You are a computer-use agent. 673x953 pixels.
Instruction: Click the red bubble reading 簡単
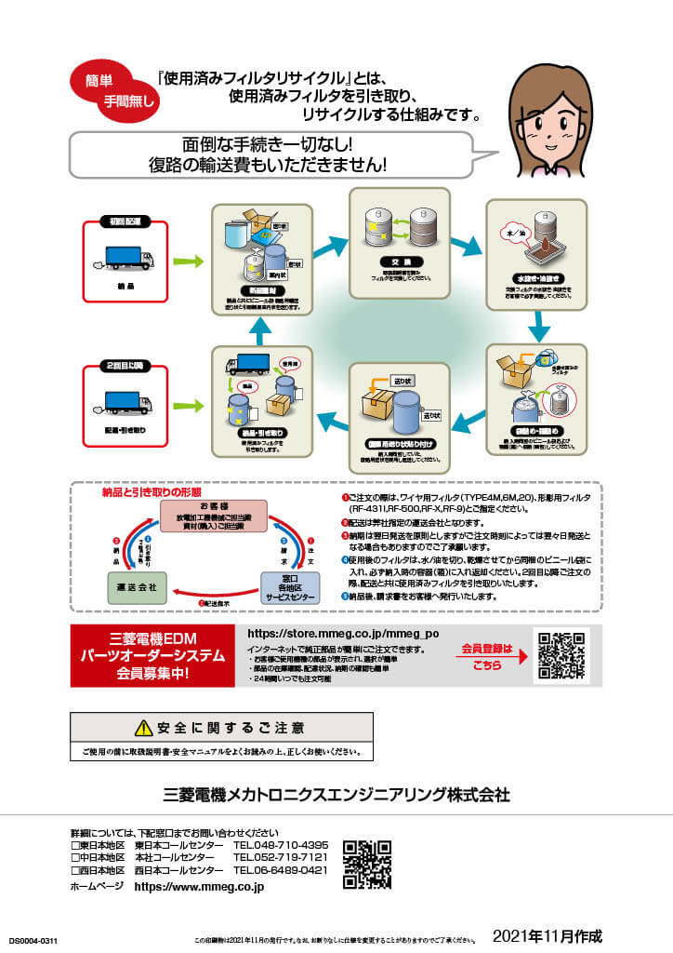coord(101,81)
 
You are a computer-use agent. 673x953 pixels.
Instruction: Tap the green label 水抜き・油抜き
coord(536,277)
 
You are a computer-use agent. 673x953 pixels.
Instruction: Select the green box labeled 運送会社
coord(130,588)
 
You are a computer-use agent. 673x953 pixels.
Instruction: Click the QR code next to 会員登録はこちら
coord(561,655)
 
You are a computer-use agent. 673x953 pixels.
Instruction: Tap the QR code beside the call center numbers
coord(366,865)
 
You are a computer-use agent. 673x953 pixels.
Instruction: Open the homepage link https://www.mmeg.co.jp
coord(199,887)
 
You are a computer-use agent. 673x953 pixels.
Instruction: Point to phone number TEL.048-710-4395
coord(280,845)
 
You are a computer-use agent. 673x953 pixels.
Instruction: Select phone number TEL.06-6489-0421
coord(280,869)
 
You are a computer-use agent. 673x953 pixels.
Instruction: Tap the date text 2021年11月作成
coord(548,934)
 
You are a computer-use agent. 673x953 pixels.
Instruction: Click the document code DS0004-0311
coord(33,942)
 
